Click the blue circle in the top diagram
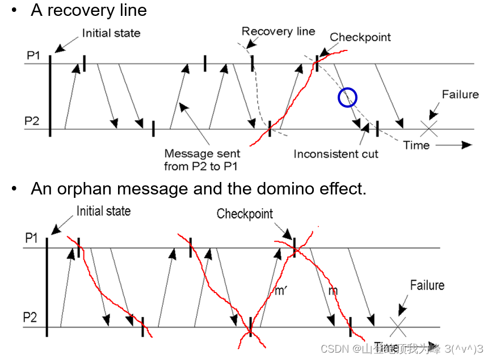click(347, 98)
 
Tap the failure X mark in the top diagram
click(430, 128)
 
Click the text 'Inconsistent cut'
click(335, 154)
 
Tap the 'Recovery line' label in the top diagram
click(278, 31)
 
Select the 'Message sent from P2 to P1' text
click(202, 160)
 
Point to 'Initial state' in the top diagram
click(111, 33)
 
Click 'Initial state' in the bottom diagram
click(103, 211)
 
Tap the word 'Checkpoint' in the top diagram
click(360, 37)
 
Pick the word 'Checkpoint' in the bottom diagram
click(245, 214)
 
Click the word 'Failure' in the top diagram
click(460, 94)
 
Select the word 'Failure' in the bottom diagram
click(427, 285)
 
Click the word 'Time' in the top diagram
click(416, 145)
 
